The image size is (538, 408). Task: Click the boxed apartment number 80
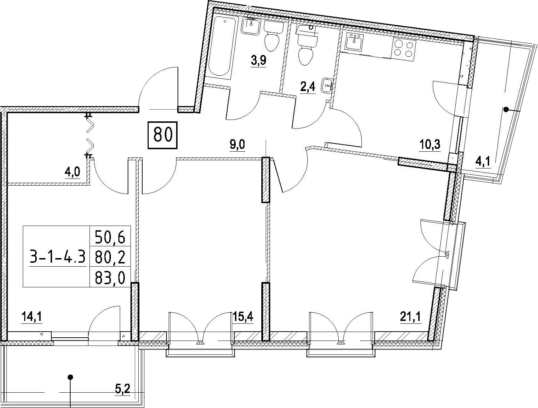tap(163, 135)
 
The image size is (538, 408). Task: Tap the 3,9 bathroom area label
tap(258, 60)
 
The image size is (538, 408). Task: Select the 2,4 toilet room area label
tap(308, 87)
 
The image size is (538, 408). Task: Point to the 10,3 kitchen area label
tap(429, 145)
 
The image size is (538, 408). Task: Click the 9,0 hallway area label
tap(237, 145)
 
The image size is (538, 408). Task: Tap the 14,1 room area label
tap(32, 317)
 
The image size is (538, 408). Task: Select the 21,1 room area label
tap(410, 317)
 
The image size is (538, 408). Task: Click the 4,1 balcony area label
tap(483, 162)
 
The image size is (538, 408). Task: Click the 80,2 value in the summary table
tap(110, 257)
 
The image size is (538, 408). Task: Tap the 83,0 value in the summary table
tap(110, 278)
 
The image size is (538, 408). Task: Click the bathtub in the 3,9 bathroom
tap(222, 46)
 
